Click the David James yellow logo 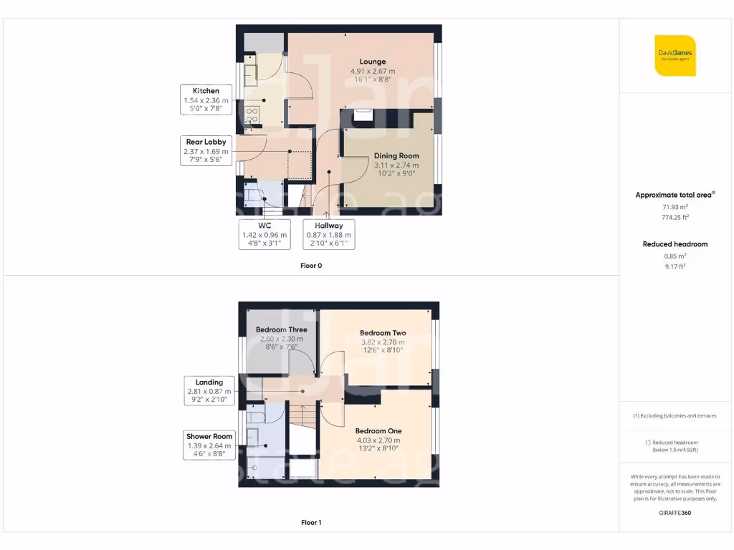[x=675, y=55]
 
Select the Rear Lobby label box [x=206, y=152]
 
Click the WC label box [x=265, y=234]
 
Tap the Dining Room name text [x=396, y=155]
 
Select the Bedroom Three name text [x=281, y=330]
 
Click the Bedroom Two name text [x=383, y=333]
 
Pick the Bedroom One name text [x=378, y=430]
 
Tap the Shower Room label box [x=209, y=445]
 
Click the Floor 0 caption [x=311, y=266]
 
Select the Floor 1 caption [x=311, y=523]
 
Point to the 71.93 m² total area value [x=675, y=206]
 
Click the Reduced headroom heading [x=675, y=244]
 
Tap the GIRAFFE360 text [x=675, y=513]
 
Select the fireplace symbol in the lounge [x=363, y=115]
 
